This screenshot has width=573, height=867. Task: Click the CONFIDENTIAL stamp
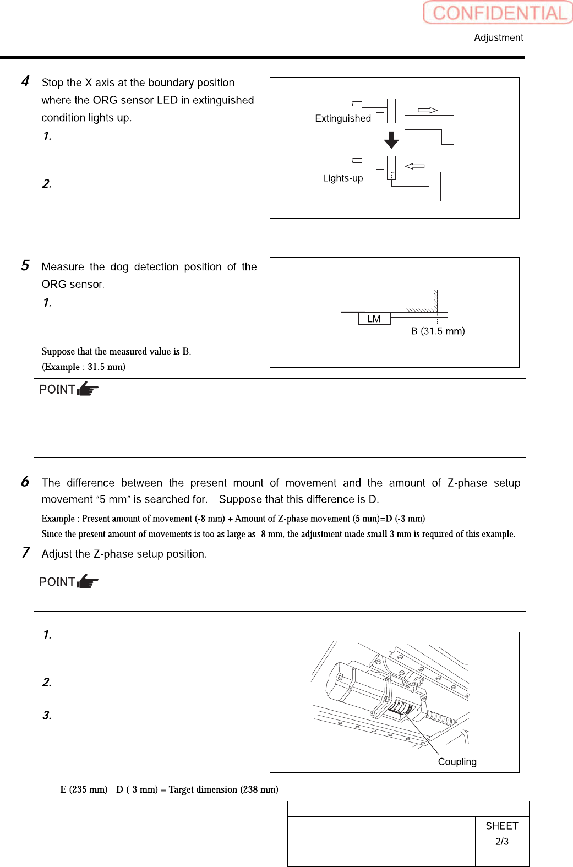pyautogui.click(x=499, y=13)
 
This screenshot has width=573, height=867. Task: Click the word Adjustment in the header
pyautogui.click(x=498, y=37)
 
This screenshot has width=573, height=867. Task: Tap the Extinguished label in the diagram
pyautogui.click(x=343, y=118)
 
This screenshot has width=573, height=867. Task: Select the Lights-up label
pyautogui.click(x=343, y=178)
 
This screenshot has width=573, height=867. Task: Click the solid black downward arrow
pyautogui.click(x=391, y=140)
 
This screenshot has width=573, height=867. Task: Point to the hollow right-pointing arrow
pyautogui.click(x=427, y=110)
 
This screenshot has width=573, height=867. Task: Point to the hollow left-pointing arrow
pyautogui.click(x=414, y=166)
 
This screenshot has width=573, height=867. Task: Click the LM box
pyautogui.click(x=374, y=319)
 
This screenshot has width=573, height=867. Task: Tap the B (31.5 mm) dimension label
pyautogui.click(x=438, y=331)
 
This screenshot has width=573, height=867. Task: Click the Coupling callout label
pyautogui.click(x=457, y=762)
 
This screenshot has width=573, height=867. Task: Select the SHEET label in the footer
pyautogui.click(x=502, y=826)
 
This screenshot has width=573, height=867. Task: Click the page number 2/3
pyautogui.click(x=502, y=841)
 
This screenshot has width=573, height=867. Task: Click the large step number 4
pyautogui.click(x=25, y=81)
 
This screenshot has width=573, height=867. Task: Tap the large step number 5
pyautogui.click(x=25, y=266)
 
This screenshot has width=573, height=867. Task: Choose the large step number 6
pyautogui.click(x=25, y=482)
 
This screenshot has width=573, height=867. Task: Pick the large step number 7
pyautogui.click(x=25, y=552)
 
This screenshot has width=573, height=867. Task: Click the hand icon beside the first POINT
pyautogui.click(x=88, y=389)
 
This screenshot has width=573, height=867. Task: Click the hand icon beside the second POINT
pyautogui.click(x=88, y=581)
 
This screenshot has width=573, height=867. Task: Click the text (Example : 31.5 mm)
pyautogui.click(x=84, y=367)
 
